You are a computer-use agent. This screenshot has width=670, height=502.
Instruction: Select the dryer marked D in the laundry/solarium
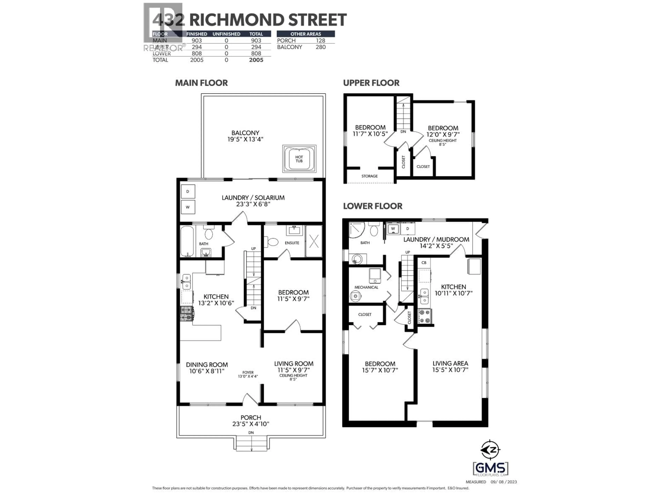coord(188,192)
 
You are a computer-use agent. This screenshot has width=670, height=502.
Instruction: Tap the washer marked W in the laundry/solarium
coord(188,207)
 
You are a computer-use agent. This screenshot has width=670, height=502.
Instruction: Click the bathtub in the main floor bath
coord(187,241)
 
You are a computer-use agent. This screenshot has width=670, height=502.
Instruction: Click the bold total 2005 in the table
coord(256,60)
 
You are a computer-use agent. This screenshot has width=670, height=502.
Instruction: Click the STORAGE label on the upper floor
coord(369,176)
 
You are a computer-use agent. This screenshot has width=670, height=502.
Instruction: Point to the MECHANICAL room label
coord(366,287)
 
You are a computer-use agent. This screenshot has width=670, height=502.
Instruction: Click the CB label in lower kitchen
coord(424,263)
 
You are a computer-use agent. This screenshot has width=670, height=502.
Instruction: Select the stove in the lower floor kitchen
coord(425,316)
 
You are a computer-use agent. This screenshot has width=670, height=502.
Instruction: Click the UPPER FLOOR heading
coord(371,83)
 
